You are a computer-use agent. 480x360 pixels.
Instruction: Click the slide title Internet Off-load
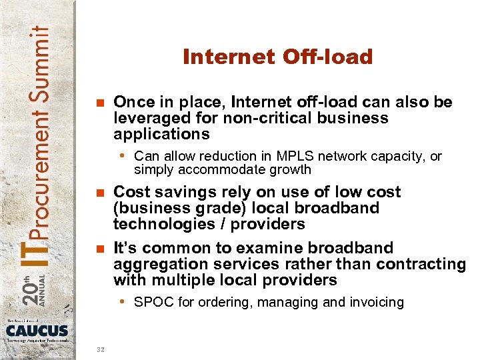tap(277, 57)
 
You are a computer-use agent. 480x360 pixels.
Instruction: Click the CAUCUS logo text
tap(37, 330)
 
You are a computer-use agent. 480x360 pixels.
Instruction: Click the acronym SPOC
tap(151, 303)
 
